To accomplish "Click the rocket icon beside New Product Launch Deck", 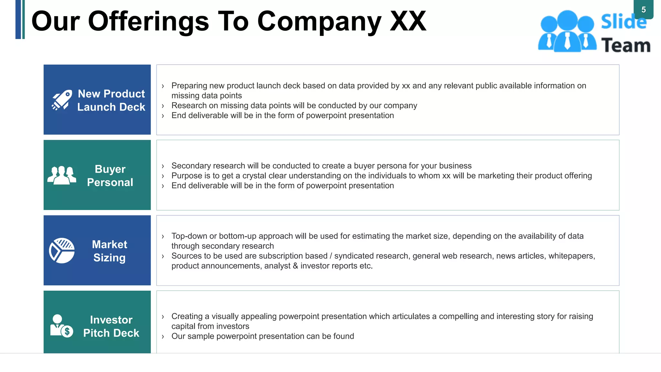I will pos(62,100).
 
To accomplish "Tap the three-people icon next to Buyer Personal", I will pos(62,175).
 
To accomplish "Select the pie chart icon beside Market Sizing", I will pos(62,251).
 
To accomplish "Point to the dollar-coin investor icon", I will pos(62,326).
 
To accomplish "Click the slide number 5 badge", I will pos(643,10).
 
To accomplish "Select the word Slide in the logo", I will pos(624,22).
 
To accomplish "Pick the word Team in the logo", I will pos(626,45).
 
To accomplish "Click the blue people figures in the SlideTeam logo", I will pos(567,32).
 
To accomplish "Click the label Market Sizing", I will pos(110,251).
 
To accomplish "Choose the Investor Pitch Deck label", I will pos(111,326).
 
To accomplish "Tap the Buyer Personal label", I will pos(110,176).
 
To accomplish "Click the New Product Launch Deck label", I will pos(111,100).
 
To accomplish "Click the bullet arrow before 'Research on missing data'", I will pos(163,106).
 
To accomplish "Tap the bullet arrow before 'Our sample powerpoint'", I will pos(163,336).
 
